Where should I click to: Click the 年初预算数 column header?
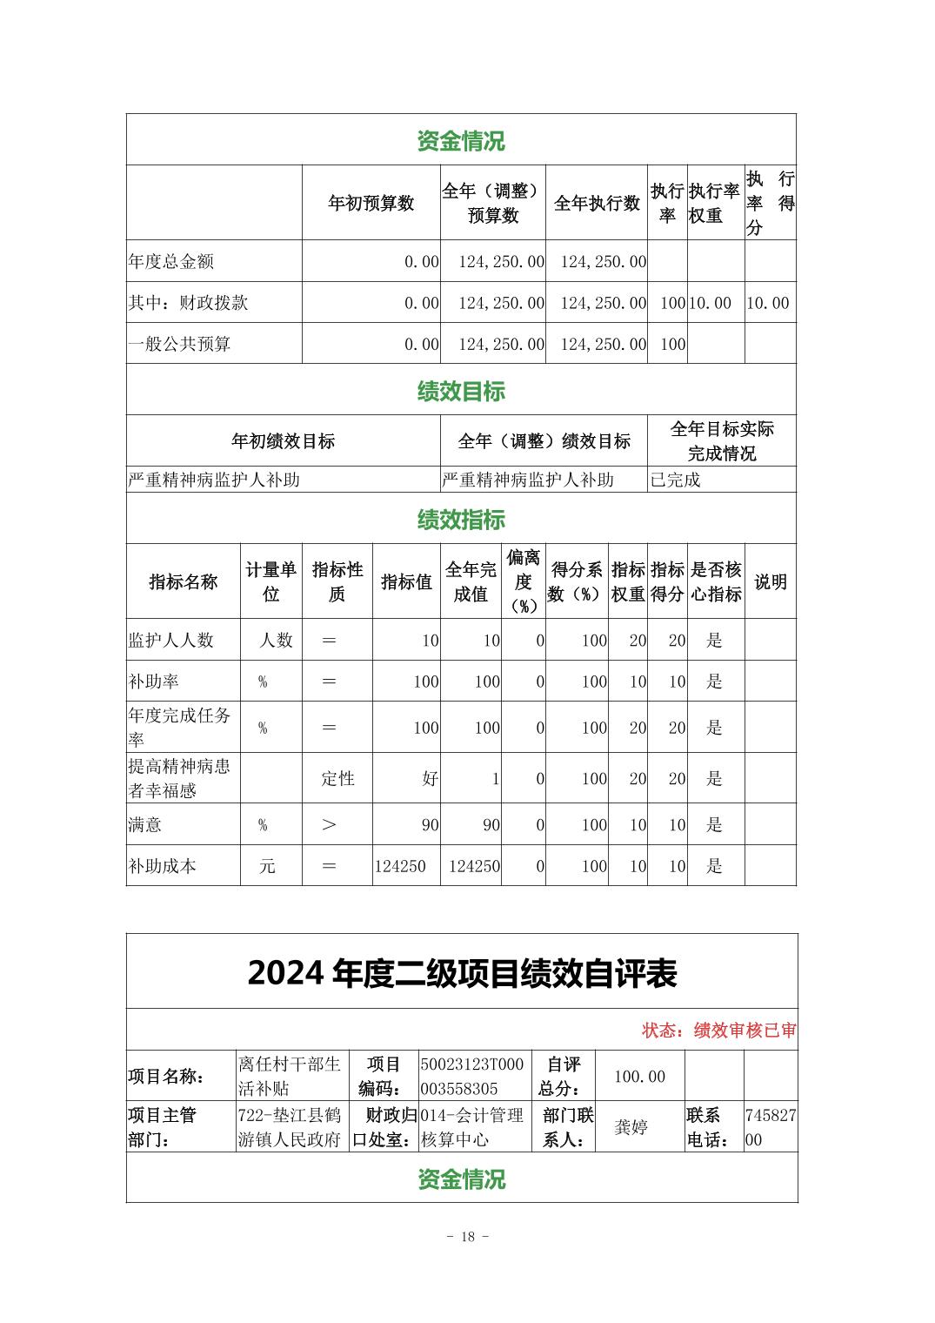(x=371, y=204)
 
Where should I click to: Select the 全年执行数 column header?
(x=597, y=204)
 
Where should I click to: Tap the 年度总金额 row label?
(x=171, y=261)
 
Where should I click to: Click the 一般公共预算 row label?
(x=180, y=344)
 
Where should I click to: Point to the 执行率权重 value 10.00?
(x=710, y=303)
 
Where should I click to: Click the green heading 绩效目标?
(x=461, y=391)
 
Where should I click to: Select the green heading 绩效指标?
(x=461, y=520)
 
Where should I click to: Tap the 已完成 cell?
(x=676, y=480)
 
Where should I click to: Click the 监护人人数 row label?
(x=171, y=641)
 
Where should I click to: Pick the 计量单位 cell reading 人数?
(x=276, y=641)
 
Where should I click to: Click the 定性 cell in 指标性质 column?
(x=337, y=778)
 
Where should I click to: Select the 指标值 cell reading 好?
(x=430, y=778)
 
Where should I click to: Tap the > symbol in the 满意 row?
(x=329, y=824)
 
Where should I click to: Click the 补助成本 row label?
(x=163, y=866)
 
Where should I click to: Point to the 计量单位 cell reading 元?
(x=267, y=866)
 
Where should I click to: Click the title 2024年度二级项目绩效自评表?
(x=462, y=973)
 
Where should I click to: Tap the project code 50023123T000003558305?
(x=472, y=1077)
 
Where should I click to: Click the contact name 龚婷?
(x=631, y=1127)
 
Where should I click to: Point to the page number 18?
(x=468, y=1237)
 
